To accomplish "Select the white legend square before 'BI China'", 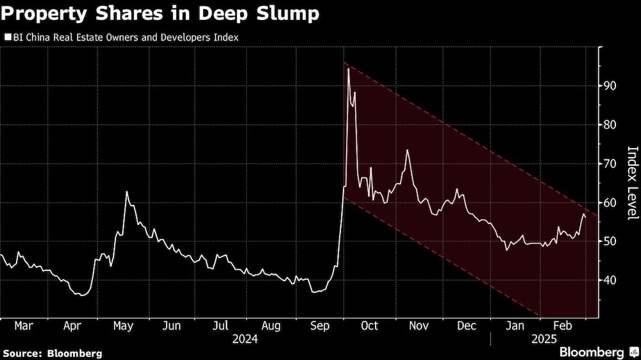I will click(x=8, y=38).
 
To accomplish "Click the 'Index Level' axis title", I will click(x=632, y=183).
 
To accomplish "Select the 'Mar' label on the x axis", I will click(x=24, y=325).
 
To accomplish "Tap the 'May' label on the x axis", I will click(x=123, y=325).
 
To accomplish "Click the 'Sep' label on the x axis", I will click(x=320, y=325).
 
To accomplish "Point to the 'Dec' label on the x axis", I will click(x=467, y=325).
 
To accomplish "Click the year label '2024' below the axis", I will click(x=246, y=338).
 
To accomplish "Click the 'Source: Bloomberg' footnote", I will click(x=53, y=353).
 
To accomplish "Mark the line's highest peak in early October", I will click(x=348, y=69).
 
